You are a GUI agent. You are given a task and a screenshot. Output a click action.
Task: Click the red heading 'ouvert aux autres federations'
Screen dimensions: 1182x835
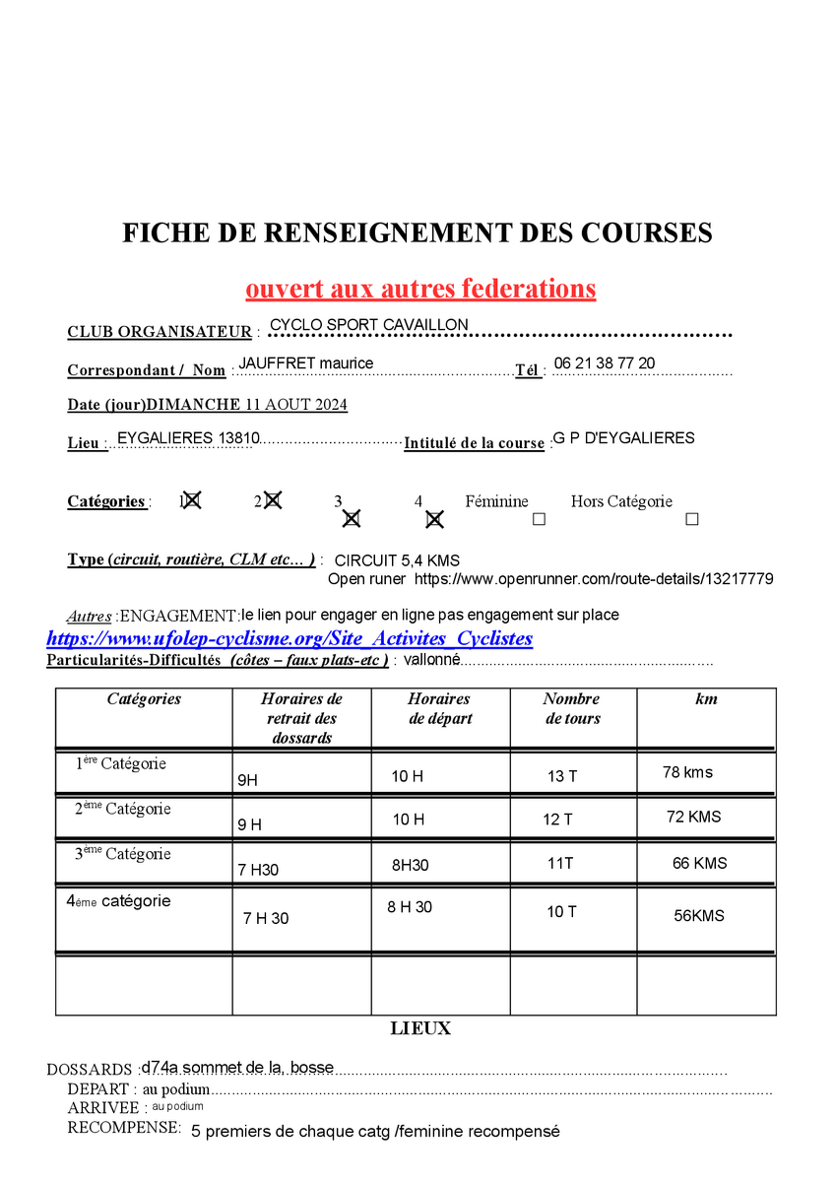coord(420,289)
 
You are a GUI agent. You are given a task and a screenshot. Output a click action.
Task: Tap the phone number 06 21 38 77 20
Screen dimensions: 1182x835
coord(604,363)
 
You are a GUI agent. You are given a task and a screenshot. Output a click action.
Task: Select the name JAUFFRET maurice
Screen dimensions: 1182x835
coord(306,363)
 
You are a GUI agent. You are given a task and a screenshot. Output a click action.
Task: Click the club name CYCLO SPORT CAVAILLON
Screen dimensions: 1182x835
coord(368,325)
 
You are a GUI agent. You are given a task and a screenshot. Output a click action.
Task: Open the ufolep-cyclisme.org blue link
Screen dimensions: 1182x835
coord(289,638)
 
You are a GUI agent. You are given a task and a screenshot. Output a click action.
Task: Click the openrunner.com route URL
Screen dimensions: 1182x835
coord(593,579)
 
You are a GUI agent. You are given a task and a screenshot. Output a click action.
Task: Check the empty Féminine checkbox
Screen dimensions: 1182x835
coord(539,519)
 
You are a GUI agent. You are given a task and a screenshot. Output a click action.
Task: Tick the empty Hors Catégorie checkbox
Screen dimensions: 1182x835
coord(691,519)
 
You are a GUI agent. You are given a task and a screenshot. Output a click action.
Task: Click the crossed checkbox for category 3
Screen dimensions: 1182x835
coord(352,518)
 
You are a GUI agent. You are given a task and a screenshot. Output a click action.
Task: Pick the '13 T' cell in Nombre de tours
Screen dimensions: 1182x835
coord(562,776)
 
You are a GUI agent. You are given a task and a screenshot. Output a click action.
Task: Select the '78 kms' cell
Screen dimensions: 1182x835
coord(687,772)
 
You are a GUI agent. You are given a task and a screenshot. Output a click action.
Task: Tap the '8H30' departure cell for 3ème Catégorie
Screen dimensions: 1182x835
coord(411,865)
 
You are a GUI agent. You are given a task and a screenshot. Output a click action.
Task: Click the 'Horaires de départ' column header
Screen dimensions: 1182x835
coord(440,708)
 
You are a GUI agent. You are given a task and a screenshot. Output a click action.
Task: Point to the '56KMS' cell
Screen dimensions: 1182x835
coord(699,915)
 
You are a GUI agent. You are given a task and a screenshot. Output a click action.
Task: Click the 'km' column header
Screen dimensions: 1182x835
coord(706,699)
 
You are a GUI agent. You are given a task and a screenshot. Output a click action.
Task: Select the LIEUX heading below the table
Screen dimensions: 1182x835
coord(420,1028)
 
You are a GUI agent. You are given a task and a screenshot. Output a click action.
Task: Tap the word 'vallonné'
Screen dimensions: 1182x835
coord(432,659)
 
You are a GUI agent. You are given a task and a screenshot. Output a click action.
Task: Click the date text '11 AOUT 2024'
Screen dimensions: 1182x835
coord(295,405)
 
